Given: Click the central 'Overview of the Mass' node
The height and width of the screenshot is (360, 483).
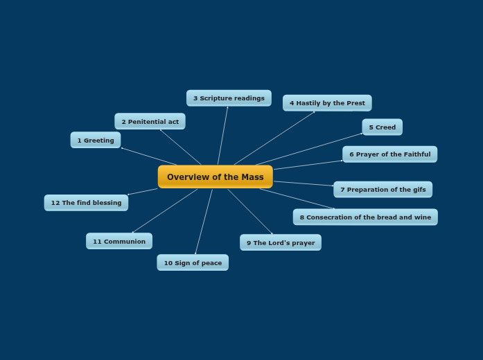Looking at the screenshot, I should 215,177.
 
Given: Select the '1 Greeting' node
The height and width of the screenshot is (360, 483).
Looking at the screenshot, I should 96,141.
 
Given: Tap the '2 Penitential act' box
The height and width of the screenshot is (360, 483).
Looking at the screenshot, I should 150,122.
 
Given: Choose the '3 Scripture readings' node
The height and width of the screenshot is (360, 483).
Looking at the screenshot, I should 229,98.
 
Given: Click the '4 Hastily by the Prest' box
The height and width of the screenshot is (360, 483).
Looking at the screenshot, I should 327,103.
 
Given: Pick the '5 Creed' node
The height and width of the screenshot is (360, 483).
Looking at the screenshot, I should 382,127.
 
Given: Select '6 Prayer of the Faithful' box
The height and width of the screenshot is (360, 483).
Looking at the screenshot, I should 389,154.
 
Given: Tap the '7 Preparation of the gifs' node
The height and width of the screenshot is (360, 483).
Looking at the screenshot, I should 383,190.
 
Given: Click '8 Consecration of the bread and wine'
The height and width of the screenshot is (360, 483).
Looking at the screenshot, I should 365,217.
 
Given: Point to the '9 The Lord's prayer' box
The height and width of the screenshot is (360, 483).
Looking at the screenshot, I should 281,243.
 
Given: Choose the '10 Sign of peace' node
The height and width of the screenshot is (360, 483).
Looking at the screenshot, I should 193,263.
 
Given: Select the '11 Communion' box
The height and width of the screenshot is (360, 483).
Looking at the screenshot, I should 119,242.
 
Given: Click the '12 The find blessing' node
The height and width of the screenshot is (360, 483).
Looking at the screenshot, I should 86,203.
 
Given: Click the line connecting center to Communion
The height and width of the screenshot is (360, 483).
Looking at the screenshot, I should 165,211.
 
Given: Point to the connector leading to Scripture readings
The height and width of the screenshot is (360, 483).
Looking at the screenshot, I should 222,136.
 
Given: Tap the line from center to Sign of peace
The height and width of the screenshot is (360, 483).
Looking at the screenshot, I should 204,222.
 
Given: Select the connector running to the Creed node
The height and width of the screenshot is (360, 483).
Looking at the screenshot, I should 308,150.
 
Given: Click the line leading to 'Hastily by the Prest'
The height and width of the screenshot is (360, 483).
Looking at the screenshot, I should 274,138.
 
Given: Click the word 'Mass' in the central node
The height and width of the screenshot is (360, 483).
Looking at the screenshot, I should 252,177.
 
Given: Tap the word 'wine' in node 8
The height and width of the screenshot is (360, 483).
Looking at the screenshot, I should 422,217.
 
